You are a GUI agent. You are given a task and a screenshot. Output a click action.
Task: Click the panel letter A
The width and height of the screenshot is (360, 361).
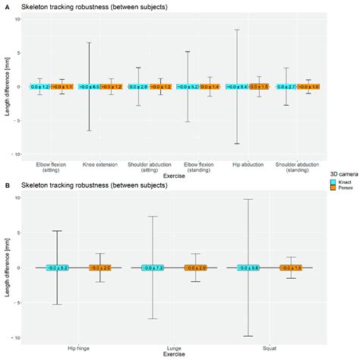point(4,7)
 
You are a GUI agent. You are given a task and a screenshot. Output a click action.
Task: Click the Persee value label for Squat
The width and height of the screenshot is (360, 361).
point(292,268)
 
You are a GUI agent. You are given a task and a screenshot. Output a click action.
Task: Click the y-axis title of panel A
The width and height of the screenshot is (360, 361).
point(7,86)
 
